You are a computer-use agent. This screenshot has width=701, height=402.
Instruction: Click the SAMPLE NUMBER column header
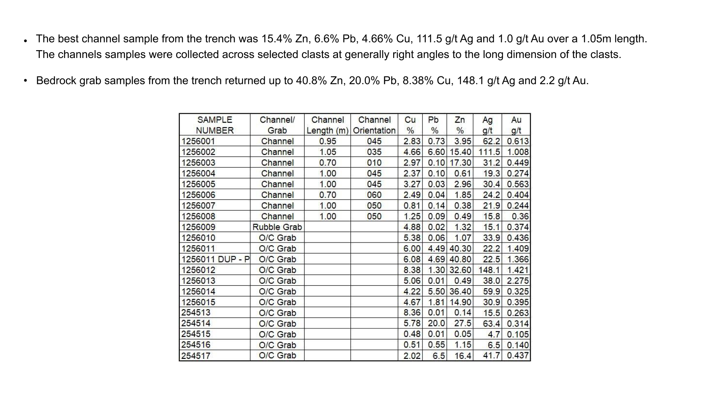point(215,125)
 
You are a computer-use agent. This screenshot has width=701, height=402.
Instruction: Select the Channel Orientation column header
point(374,125)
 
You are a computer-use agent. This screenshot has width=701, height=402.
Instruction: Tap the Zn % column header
point(460,125)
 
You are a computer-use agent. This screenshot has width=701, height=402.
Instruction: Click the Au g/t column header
point(516,125)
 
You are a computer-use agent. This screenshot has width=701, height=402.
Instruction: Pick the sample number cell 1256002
point(198,152)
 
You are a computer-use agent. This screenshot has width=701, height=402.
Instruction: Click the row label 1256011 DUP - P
point(215,259)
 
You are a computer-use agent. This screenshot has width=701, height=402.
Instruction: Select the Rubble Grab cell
point(277,227)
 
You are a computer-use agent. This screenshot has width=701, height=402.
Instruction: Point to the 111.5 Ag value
point(489,152)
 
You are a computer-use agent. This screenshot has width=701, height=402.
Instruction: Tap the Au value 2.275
point(518,281)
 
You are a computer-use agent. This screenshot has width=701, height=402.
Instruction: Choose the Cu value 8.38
point(412,270)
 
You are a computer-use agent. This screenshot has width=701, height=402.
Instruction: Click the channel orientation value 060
point(374,195)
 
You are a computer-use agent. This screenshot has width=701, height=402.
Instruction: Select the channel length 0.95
point(327,141)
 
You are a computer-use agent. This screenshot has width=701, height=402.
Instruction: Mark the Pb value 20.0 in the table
point(436,324)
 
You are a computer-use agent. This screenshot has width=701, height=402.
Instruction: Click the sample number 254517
point(196,356)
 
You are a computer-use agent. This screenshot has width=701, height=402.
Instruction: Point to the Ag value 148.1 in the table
point(489,270)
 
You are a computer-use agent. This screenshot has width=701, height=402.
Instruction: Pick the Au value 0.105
point(518,335)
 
